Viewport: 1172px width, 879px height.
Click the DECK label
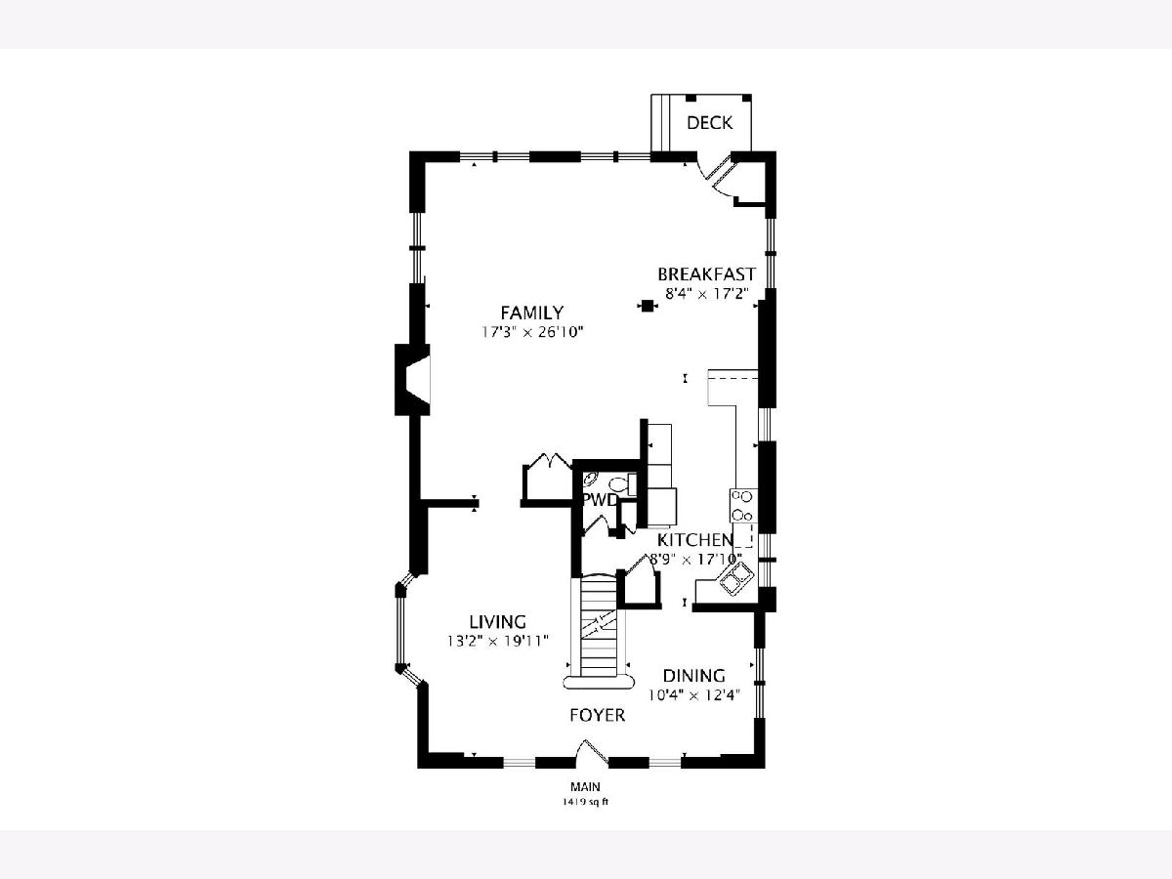(x=709, y=123)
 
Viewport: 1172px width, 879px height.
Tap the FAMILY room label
(x=532, y=313)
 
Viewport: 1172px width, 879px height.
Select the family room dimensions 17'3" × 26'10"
(x=532, y=332)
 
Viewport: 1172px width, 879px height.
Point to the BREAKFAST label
(x=706, y=274)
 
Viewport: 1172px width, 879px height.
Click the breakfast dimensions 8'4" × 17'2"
(x=707, y=294)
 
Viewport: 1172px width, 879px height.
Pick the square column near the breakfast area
(x=648, y=306)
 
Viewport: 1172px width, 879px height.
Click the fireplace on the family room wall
(x=412, y=380)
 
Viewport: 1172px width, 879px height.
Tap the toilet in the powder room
(x=622, y=484)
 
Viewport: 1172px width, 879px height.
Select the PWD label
(x=600, y=500)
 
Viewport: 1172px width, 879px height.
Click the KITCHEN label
(x=694, y=540)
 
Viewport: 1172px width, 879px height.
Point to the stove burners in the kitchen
(x=742, y=505)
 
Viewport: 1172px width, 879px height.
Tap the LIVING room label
(x=498, y=622)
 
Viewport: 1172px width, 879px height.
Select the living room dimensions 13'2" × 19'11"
(x=498, y=641)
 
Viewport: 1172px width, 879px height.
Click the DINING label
(x=694, y=676)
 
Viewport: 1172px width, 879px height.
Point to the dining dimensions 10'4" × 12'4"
(x=694, y=695)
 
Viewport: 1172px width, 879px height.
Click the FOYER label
(x=597, y=715)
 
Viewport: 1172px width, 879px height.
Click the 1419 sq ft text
(x=584, y=802)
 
